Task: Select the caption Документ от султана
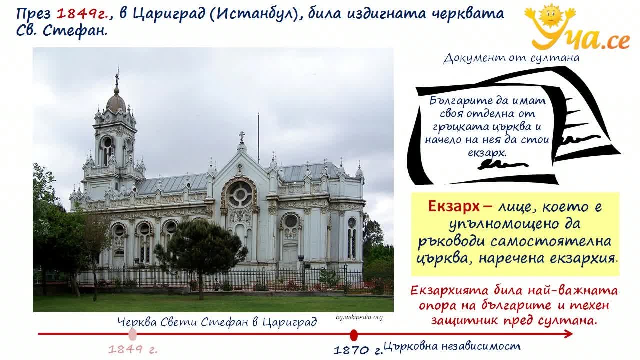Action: [511, 58]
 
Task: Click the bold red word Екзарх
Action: [454, 206]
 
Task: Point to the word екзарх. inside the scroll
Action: [487, 153]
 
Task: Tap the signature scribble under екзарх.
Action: [502, 164]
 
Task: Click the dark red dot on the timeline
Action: [353, 335]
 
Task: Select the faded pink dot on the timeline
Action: [132, 335]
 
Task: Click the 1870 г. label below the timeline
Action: [358, 350]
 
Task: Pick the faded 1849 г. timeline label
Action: [133, 349]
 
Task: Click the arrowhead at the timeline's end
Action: [568, 334]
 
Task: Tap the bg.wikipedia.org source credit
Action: [359, 317]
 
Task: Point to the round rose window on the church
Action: [240, 195]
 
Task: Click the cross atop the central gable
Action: [242, 137]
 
